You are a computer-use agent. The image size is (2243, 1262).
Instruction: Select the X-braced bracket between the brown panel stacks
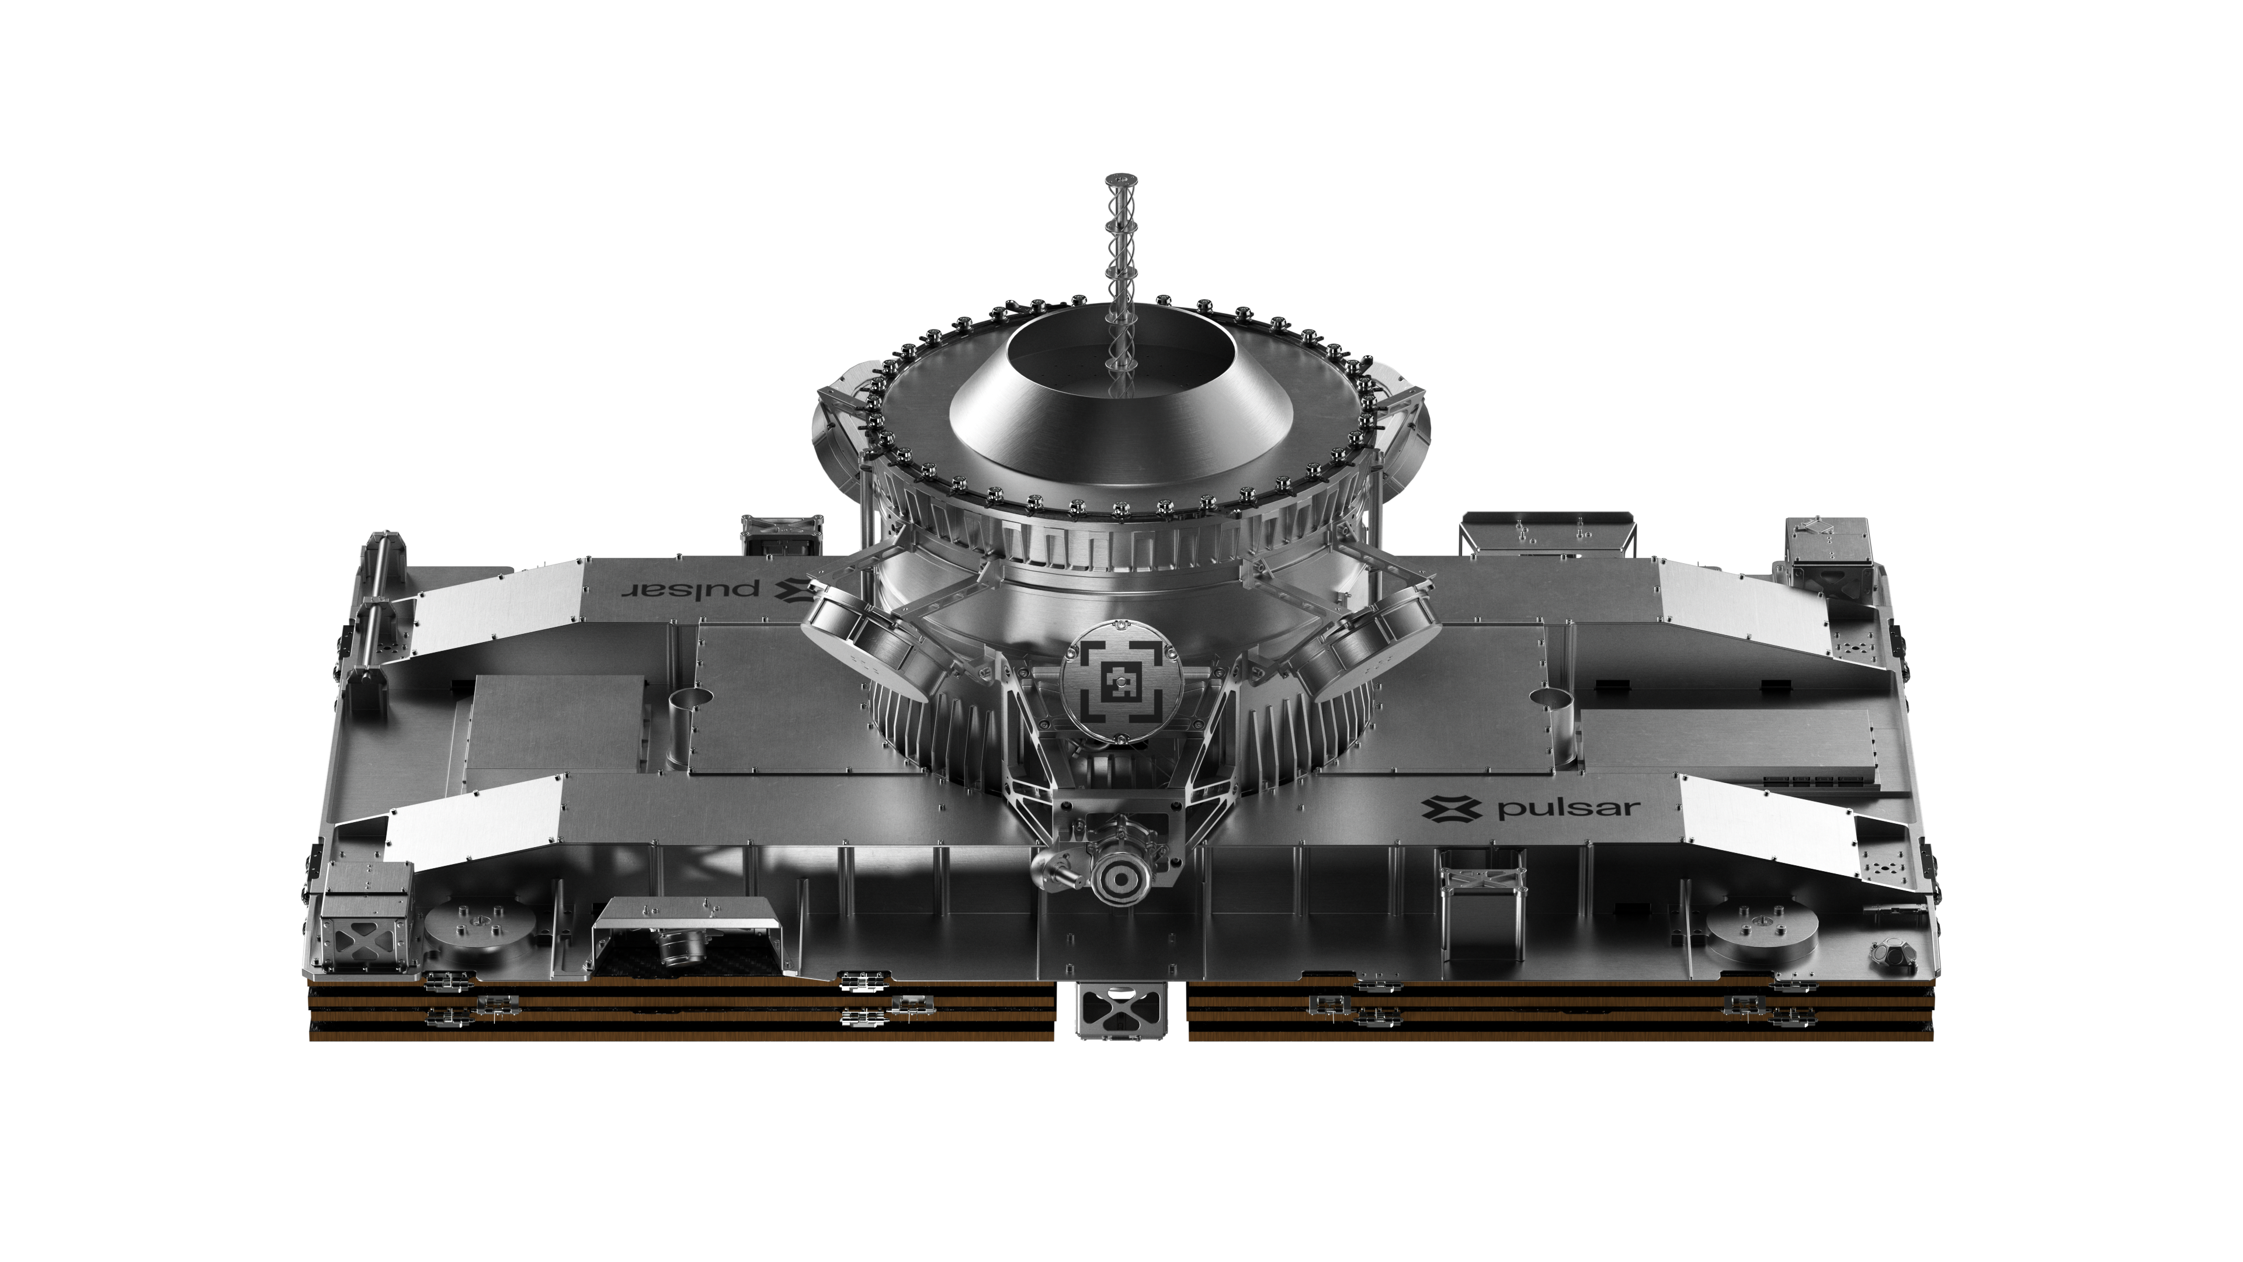pos(1121,1012)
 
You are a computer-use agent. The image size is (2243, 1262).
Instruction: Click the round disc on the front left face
pos(477,930)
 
